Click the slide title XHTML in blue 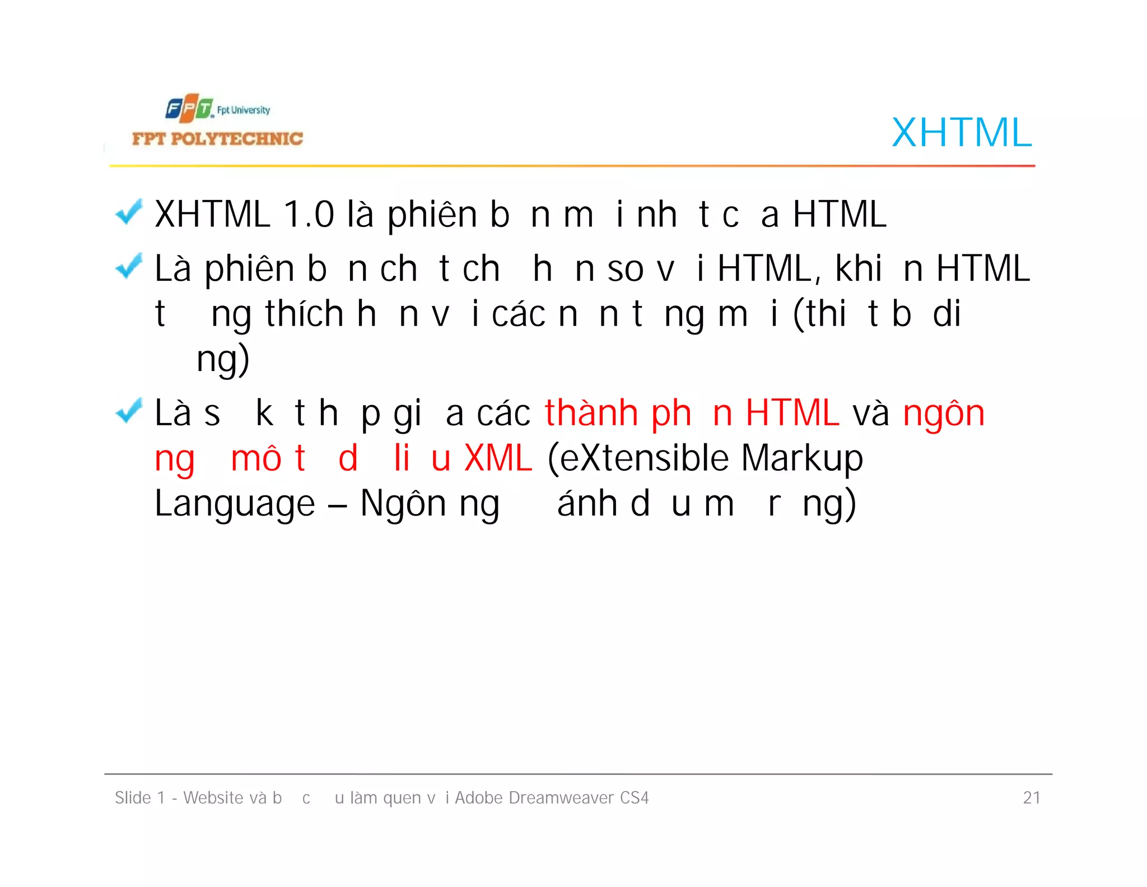pos(961,133)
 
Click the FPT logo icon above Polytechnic pos(189,109)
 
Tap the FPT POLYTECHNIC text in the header pos(217,139)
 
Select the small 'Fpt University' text pos(244,110)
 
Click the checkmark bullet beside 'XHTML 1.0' pos(129,212)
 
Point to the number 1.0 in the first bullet pos(309,215)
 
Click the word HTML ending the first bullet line pos(840,215)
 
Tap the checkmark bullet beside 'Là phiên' pos(129,266)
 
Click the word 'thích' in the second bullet pos(304,314)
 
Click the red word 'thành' pos(591,414)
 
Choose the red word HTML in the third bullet pos(792,414)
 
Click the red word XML pos(498,458)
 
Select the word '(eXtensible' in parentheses pos(637,458)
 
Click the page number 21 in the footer pos(1031,797)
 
